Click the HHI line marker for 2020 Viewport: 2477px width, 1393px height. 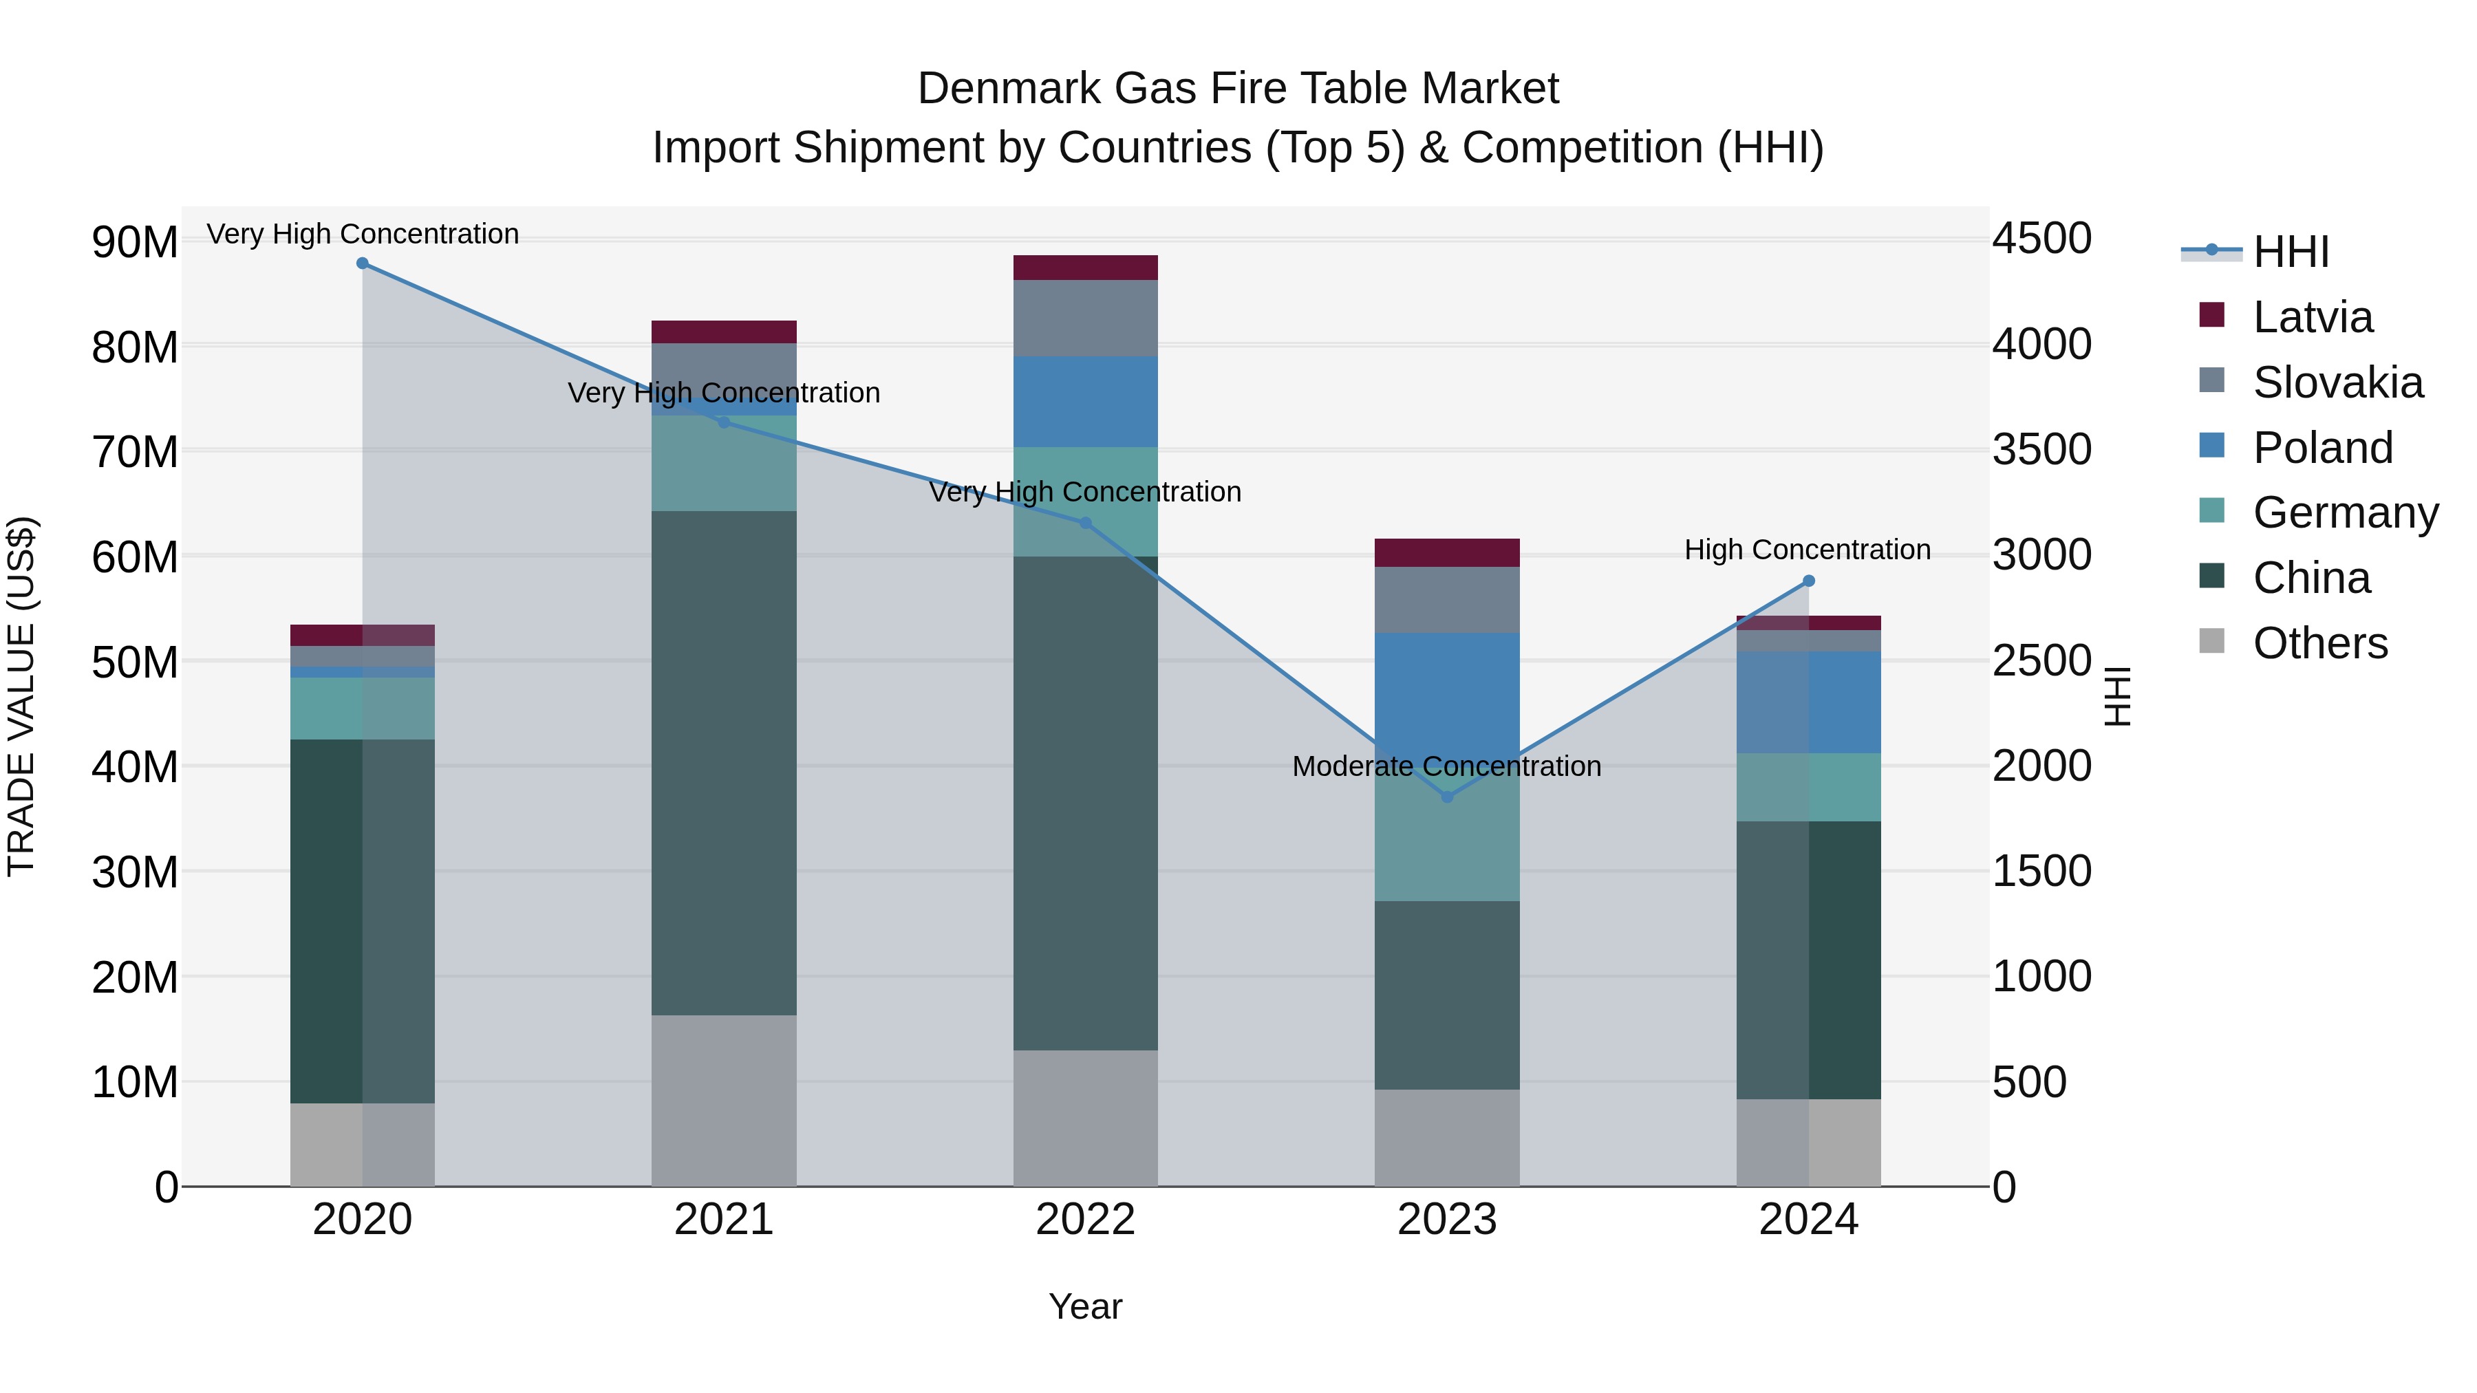pyautogui.click(x=363, y=263)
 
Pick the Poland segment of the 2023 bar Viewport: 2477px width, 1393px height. pyautogui.click(x=1447, y=687)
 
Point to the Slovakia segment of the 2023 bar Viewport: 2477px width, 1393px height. pyautogui.click(x=1447, y=599)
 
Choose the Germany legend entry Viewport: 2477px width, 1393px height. pyautogui.click(x=2344, y=512)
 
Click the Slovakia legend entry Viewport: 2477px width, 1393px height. pyautogui.click(x=2337, y=382)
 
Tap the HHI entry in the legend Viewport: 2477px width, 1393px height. pyautogui.click(x=2289, y=252)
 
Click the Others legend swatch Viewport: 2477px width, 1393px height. pyautogui.click(x=2211, y=641)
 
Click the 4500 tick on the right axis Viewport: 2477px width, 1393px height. pyautogui.click(x=2041, y=239)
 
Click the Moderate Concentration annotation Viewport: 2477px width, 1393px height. pyautogui.click(x=1446, y=766)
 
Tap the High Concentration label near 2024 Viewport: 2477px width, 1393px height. pyautogui.click(x=1807, y=550)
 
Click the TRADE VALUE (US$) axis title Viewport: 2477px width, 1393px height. pyautogui.click(x=21, y=696)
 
